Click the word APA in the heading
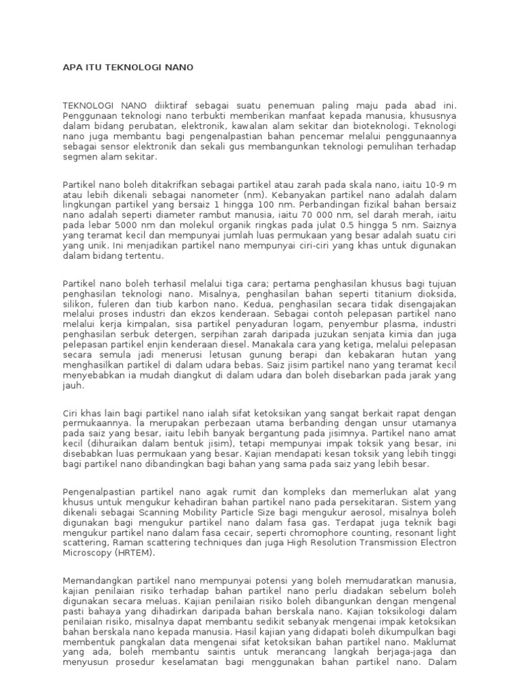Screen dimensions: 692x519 point(72,68)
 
